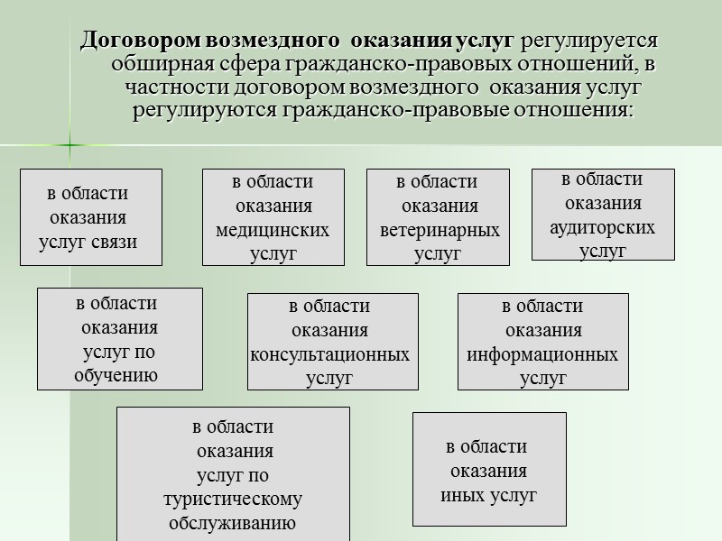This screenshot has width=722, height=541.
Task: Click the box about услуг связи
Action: click(x=92, y=217)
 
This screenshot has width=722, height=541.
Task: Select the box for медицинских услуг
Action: click(x=273, y=217)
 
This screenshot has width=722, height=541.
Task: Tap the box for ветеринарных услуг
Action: click(x=438, y=217)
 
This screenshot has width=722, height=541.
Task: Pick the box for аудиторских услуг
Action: click(x=603, y=215)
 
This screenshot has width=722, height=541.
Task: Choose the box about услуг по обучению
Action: click(x=119, y=338)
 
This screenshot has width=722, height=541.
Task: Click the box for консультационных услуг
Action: click(x=332, y=341)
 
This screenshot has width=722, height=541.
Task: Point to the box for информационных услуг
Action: click(x=543, y=341)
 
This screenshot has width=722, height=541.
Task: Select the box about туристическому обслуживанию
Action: click(x=233, y=472)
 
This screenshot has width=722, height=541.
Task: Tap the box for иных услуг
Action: click(x=489, y=469)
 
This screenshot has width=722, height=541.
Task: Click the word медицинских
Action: click(x=273, y=230)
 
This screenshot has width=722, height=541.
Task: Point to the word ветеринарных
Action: click(x=440, y=231)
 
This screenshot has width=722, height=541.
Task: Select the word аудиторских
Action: click(x=603, y=227)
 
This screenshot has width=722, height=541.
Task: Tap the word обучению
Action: click(x=116, y=375)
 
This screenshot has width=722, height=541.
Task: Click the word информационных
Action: click(x=542, y=354)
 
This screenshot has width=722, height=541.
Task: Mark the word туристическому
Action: click(x=233, y=499)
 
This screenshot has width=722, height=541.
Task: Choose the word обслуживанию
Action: click(x=233, y=523)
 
